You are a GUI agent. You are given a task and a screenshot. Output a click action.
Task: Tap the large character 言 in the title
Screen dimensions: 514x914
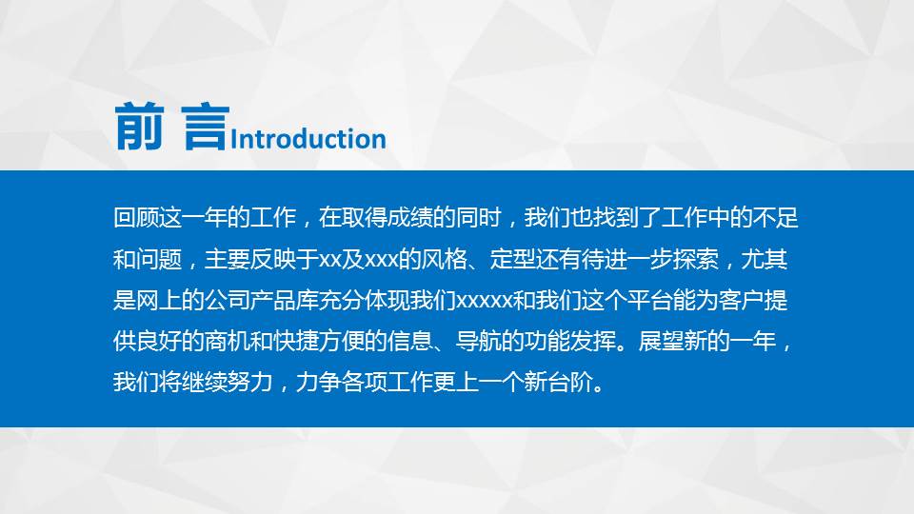(x=203, y=128)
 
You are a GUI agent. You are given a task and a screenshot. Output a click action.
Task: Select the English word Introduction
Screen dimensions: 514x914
(x=308, y=139)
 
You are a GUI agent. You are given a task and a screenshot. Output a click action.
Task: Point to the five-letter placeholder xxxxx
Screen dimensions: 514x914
(x=487, y=301)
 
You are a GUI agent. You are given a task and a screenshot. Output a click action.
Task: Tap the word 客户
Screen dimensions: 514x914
(x=734, y=301)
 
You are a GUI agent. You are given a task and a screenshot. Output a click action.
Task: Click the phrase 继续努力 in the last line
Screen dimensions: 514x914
(x=210, y=384)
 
